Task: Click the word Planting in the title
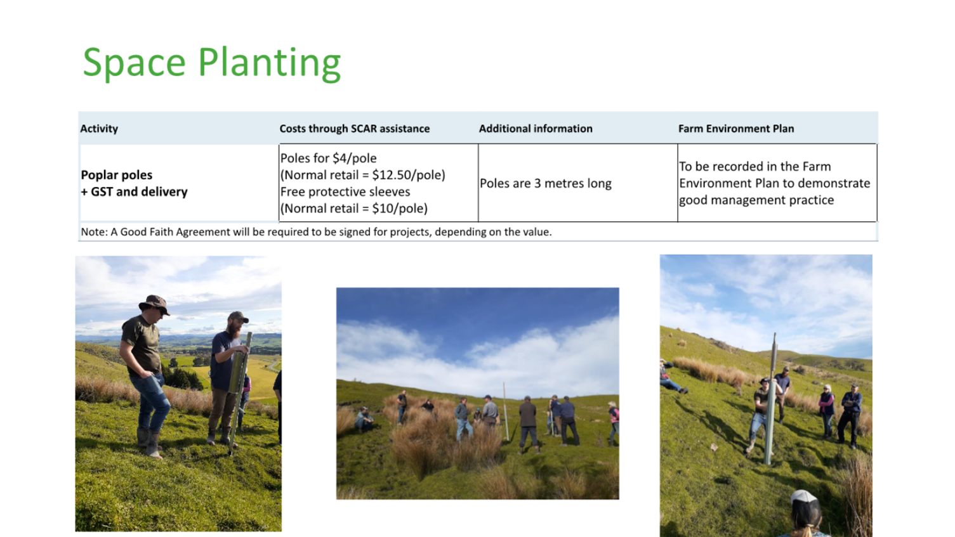pyautogui.click(x=270, y=63)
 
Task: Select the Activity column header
pyautogui.click(x=99, y=129)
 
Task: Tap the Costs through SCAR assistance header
pyautogui.click(x=354, y=129)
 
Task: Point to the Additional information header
pyautogui.click(x=536, y=129)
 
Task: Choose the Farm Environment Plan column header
pyautogui.click(x=736, y=129)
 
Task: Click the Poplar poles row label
pyautogui.click(x=116, y=175)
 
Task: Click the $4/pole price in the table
pyautogui.click(x=354, y=159)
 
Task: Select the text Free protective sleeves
pyautogui.click(x=345, y=191)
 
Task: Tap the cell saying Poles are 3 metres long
pyautogui.click(x=545, y=183)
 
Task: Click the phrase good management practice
pyautogui.click(x=756, y=200)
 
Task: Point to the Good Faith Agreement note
pyautogui.click(x=316, y=232)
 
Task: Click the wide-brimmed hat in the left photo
pyautogui.click(x=154, y=304)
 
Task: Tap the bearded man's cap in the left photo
pyautogui.click(x=238, y=317)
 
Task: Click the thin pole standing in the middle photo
pyautogui.click(x=506, y=411)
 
